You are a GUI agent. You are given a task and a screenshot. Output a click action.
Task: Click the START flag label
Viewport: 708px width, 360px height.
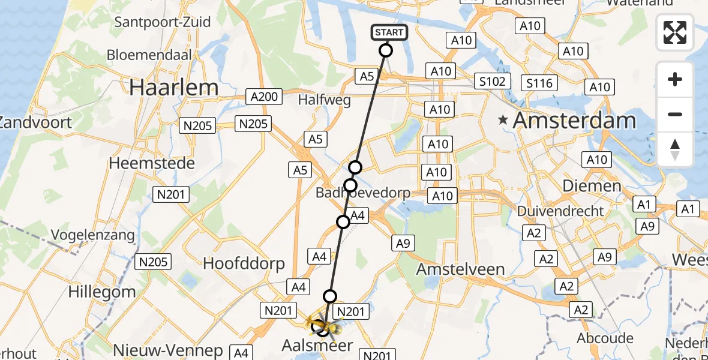pyautogui.click(x=390, y=32)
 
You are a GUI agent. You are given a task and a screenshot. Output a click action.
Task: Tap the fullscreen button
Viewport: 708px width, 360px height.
pyautogui.click(x=675, y=32)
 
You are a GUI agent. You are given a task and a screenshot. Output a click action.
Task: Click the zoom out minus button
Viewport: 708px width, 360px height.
pyautogui.click(x=675, y=114)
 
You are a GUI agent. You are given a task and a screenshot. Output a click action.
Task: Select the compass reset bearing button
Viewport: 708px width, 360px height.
pyautogui.click(x=675, y=149)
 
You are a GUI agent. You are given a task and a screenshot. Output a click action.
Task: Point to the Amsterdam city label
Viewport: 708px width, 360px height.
pyautogui.click(x=574, y=121)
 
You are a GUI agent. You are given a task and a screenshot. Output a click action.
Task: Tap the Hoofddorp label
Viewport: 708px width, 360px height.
pyautogui.click(x=244, y=263)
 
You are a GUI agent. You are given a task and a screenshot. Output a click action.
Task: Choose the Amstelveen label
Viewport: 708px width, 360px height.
pyautogui.click(x=461, y=268)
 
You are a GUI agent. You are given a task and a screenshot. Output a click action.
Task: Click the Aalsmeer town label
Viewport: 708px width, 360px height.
pyautogui.click(x=318, y=346)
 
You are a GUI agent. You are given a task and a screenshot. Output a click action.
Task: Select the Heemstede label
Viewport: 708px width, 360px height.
pyautogui.click(x=152, y=163)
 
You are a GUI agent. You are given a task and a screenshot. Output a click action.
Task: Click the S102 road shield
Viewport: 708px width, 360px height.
pyautogui.click(x=492, y=81)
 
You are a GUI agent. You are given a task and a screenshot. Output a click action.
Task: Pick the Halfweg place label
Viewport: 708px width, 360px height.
pyautogui.click(x=324, y=100)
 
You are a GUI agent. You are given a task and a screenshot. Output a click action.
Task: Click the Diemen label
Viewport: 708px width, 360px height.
pyautogui.click(x=592, y=186)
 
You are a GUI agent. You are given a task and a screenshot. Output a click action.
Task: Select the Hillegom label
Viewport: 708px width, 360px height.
pyautogui.click(x=102, y=292)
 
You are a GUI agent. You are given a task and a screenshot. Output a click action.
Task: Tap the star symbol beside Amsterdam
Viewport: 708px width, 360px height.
pyautogui.click(x=503, y=121)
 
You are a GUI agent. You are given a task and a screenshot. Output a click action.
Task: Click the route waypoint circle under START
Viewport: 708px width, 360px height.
pyautogui.click(x=386, y=50)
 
